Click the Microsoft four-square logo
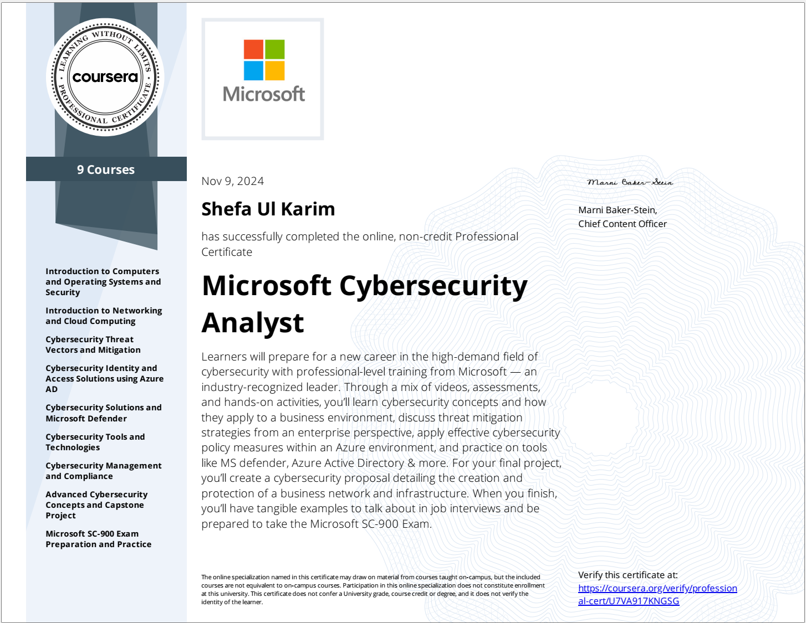tap(264, 60)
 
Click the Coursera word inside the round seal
tap(105, 77)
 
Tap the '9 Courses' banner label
tap(106, 169)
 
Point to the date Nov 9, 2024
tap(232, 181)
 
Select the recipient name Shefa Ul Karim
tap(268, 209)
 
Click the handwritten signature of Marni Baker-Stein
tap(630, 182)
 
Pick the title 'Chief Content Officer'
tap(623, 224)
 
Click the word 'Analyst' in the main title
tap(253, 323)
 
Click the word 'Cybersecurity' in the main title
tap(433, 286)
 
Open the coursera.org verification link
tap(657, 594)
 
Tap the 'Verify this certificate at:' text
tap(628, 575)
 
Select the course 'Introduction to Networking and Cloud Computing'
tap(104, 316)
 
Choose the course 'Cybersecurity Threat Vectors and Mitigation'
tap(93, 344)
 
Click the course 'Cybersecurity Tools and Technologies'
tap(95, 442)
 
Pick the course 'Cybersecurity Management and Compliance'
tap(103, 471)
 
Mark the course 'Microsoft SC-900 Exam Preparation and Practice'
tap(98, 539)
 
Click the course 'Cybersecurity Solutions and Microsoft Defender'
tap(103, 413)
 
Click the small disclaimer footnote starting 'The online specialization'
tap(373, 589)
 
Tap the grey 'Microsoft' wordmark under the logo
tap(264, 94)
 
